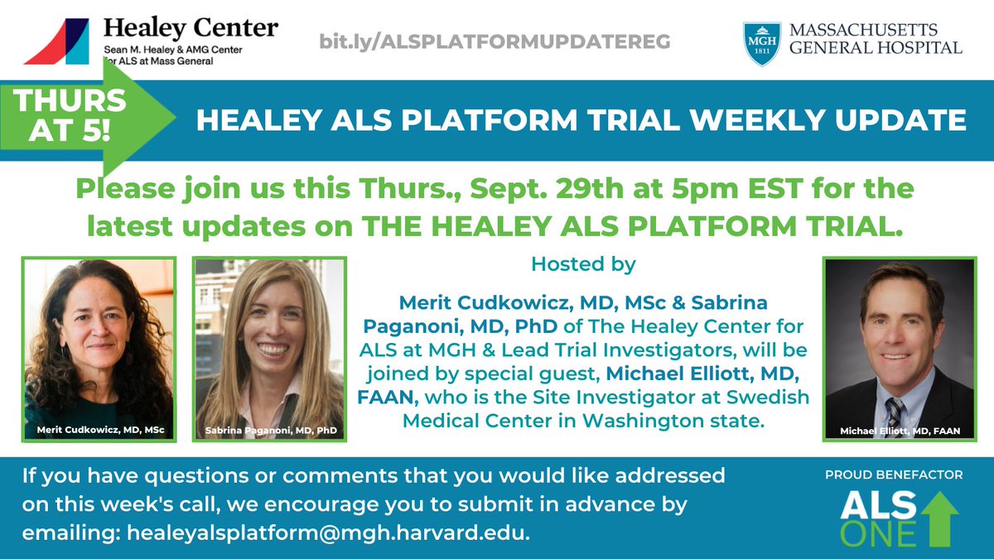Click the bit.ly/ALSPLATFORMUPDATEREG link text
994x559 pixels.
(495, 41)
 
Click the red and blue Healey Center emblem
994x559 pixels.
(58, 41)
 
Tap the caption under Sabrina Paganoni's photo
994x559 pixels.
(269, 431)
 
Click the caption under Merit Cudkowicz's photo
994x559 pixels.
(99, 431)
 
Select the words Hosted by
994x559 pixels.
(583, 266)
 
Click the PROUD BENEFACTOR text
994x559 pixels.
(893, 475)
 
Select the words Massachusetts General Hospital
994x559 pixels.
(876, 39)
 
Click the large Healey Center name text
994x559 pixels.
(191, 27)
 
